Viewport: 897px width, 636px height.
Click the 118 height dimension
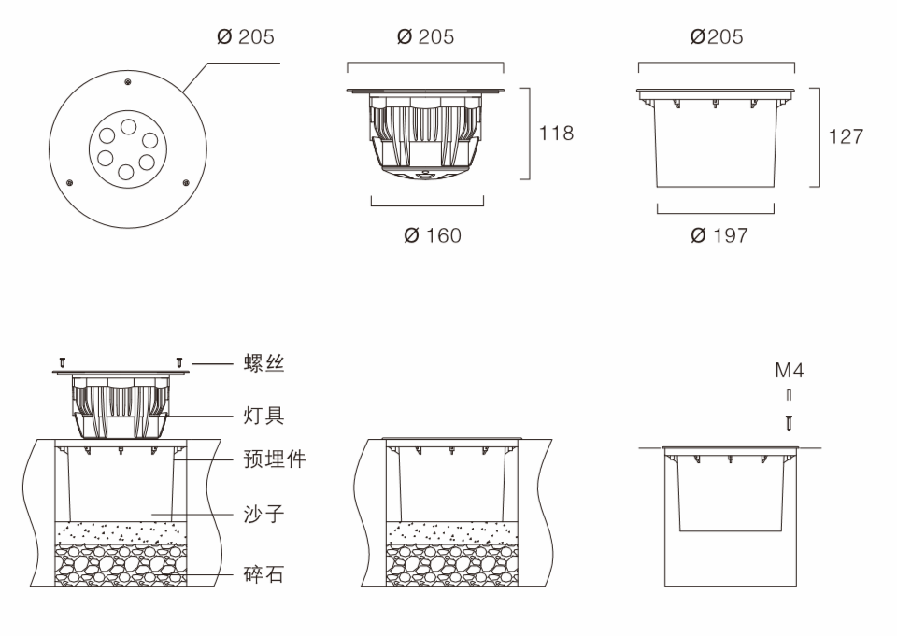556,134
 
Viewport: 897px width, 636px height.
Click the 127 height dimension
846,136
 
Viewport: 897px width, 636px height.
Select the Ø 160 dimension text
433,235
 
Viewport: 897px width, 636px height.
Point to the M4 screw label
789,371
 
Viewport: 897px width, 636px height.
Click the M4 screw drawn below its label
790,422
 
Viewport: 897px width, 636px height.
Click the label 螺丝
264,364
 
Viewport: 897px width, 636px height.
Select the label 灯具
264,415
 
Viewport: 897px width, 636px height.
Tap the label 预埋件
275,459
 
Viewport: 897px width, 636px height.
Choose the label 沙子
264,514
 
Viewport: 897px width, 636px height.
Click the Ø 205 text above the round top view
246,37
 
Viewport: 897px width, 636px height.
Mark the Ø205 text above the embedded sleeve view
717,37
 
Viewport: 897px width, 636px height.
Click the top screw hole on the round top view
127,84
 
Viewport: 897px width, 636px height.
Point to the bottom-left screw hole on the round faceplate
69,183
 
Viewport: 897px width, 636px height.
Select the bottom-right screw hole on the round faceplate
186,183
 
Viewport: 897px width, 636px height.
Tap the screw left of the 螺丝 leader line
179,361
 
